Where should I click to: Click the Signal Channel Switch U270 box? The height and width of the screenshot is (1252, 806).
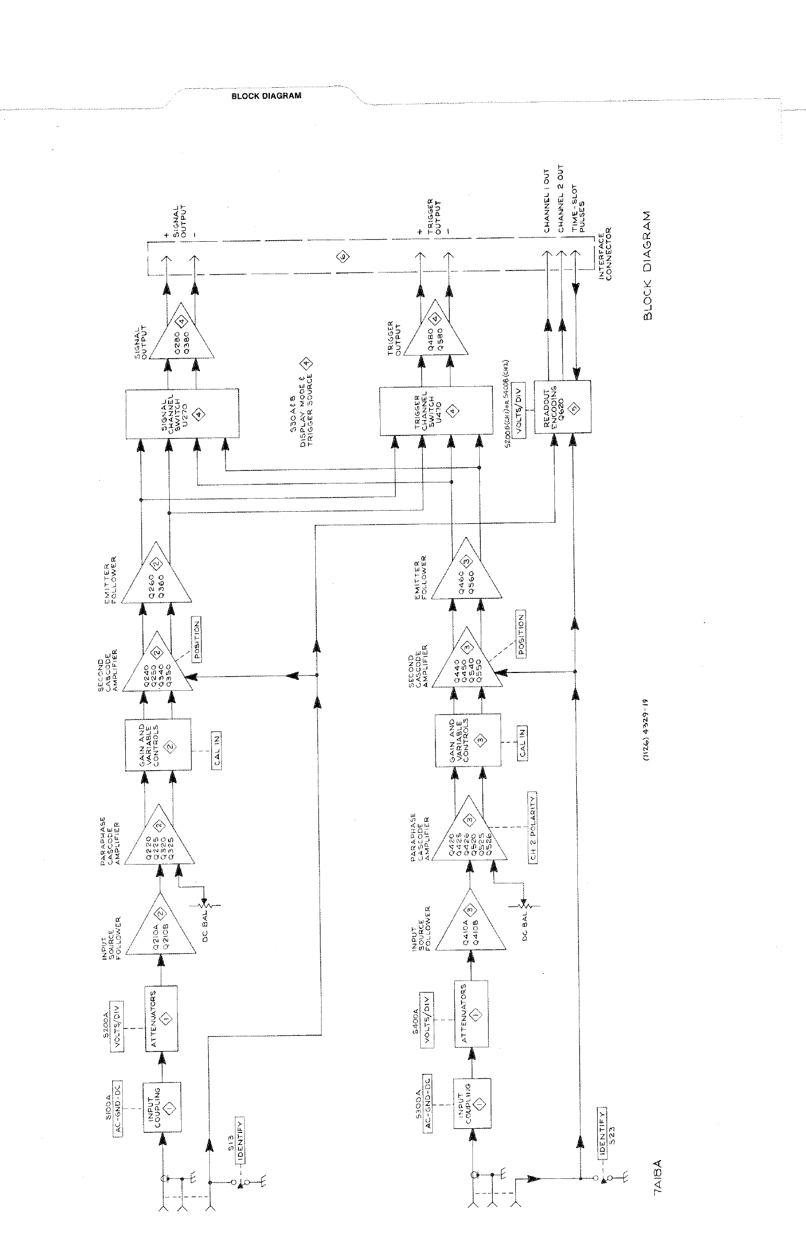pyautogui.click(x=182, y=414)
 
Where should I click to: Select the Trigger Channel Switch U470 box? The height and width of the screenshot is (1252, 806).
pyautogui.click(x=435, y=411)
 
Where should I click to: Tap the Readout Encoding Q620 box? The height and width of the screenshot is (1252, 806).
pyautogui.click(x=562, y=407)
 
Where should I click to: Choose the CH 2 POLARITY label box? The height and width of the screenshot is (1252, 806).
pyautogui.click(x=533, y=829)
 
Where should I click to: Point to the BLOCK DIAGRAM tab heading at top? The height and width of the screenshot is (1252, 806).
pyautogui.click(x=266, y=96)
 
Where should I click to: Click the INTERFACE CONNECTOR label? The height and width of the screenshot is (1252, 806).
pyautogui.click(x=605, y=253)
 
